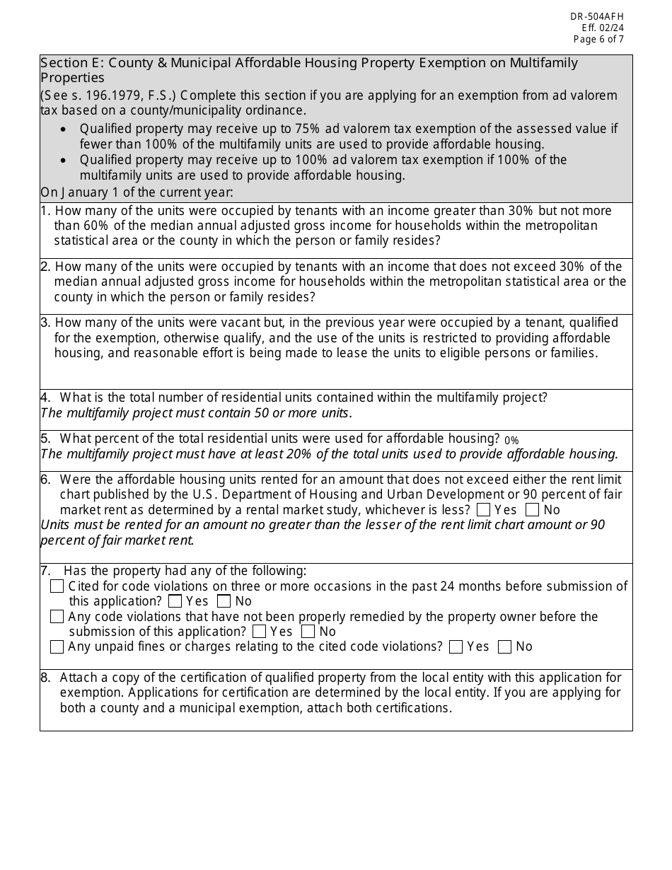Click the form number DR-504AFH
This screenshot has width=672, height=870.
click(x=597, y=16)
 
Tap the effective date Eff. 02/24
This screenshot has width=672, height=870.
click(x=603, y=28)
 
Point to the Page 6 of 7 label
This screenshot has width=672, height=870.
click(x=598, y=40)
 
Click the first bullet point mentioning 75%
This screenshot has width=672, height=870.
click(x=347, y=137)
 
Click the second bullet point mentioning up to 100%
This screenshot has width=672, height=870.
click(x=323, y=168)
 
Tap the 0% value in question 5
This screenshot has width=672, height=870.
click(x=511, y=441)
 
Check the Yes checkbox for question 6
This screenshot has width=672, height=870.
click(x=484, y=510)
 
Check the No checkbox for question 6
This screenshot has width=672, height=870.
click(x=533, y=510)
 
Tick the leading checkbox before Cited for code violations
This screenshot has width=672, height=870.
click(x=57, y=586)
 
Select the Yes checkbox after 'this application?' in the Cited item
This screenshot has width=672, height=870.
click(x=175, y=602)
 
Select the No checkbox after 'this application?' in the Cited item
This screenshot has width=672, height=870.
click(x=224, y=602)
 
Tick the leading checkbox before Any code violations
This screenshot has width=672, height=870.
click(x=57, y=617)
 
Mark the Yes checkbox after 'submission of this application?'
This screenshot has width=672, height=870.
click(x=260, y=632)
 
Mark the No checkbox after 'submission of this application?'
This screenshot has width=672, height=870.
click(x=308, y=632)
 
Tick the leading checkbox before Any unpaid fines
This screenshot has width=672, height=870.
click(x=57, y=646)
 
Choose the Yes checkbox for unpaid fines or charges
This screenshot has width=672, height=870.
click(x=456, y=646)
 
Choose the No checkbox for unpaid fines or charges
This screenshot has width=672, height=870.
click(x=505, y=646)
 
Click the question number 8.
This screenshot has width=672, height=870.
click(x=45, y=678)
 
